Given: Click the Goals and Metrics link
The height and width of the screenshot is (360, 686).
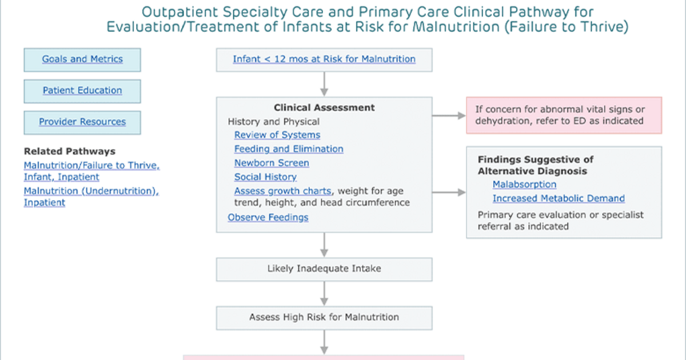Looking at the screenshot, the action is pyautogui.click(x=82, y=59).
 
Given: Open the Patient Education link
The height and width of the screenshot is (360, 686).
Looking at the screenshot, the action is pyautogui.click(x=82, y=90).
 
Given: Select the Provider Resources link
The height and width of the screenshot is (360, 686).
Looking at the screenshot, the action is pyautogui.click(x=82, y=122).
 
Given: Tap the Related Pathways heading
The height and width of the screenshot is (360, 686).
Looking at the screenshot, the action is pyautogui.click(x=70, y=151).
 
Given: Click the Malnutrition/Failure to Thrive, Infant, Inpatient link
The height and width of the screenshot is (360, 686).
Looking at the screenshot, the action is pyautogui.click(x=92, y=171).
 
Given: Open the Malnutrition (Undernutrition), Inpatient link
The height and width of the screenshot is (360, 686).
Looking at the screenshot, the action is pyautogui.click(x=91, y=197).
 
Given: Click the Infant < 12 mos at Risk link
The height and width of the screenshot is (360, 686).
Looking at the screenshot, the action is pyautogui.click(x=324, y=59).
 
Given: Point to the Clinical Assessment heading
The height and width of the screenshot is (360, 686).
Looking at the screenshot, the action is pyautogui.click(x=324, y=107).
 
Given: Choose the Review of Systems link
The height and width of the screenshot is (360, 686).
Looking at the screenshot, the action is pyautogui.click(x=277, y=135).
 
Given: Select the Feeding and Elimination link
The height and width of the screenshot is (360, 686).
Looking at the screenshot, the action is pyautogui.click(x=289, y=149).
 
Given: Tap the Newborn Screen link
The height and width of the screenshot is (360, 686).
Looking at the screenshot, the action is pyautogui.click(x=272, y=163).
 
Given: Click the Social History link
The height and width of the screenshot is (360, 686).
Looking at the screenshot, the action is pyautogui.click(x=265, y=177).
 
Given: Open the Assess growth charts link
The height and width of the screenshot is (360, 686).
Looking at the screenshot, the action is pyautogui.click(x=282, y=191).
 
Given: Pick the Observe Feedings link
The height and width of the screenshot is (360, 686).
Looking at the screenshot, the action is pyautogui.click(x=268, y=217).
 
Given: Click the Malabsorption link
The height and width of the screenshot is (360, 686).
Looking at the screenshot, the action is pyautogui.click(x=524, y=184).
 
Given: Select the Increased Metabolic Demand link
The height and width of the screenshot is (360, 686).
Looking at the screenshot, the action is pyautogui.click(x=559, y=198).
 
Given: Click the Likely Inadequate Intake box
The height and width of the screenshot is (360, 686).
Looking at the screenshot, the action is pyautogui.click(x=324, y=269).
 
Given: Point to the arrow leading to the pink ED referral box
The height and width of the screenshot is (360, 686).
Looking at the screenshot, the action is pyautogui.click(x=449, y=115).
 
